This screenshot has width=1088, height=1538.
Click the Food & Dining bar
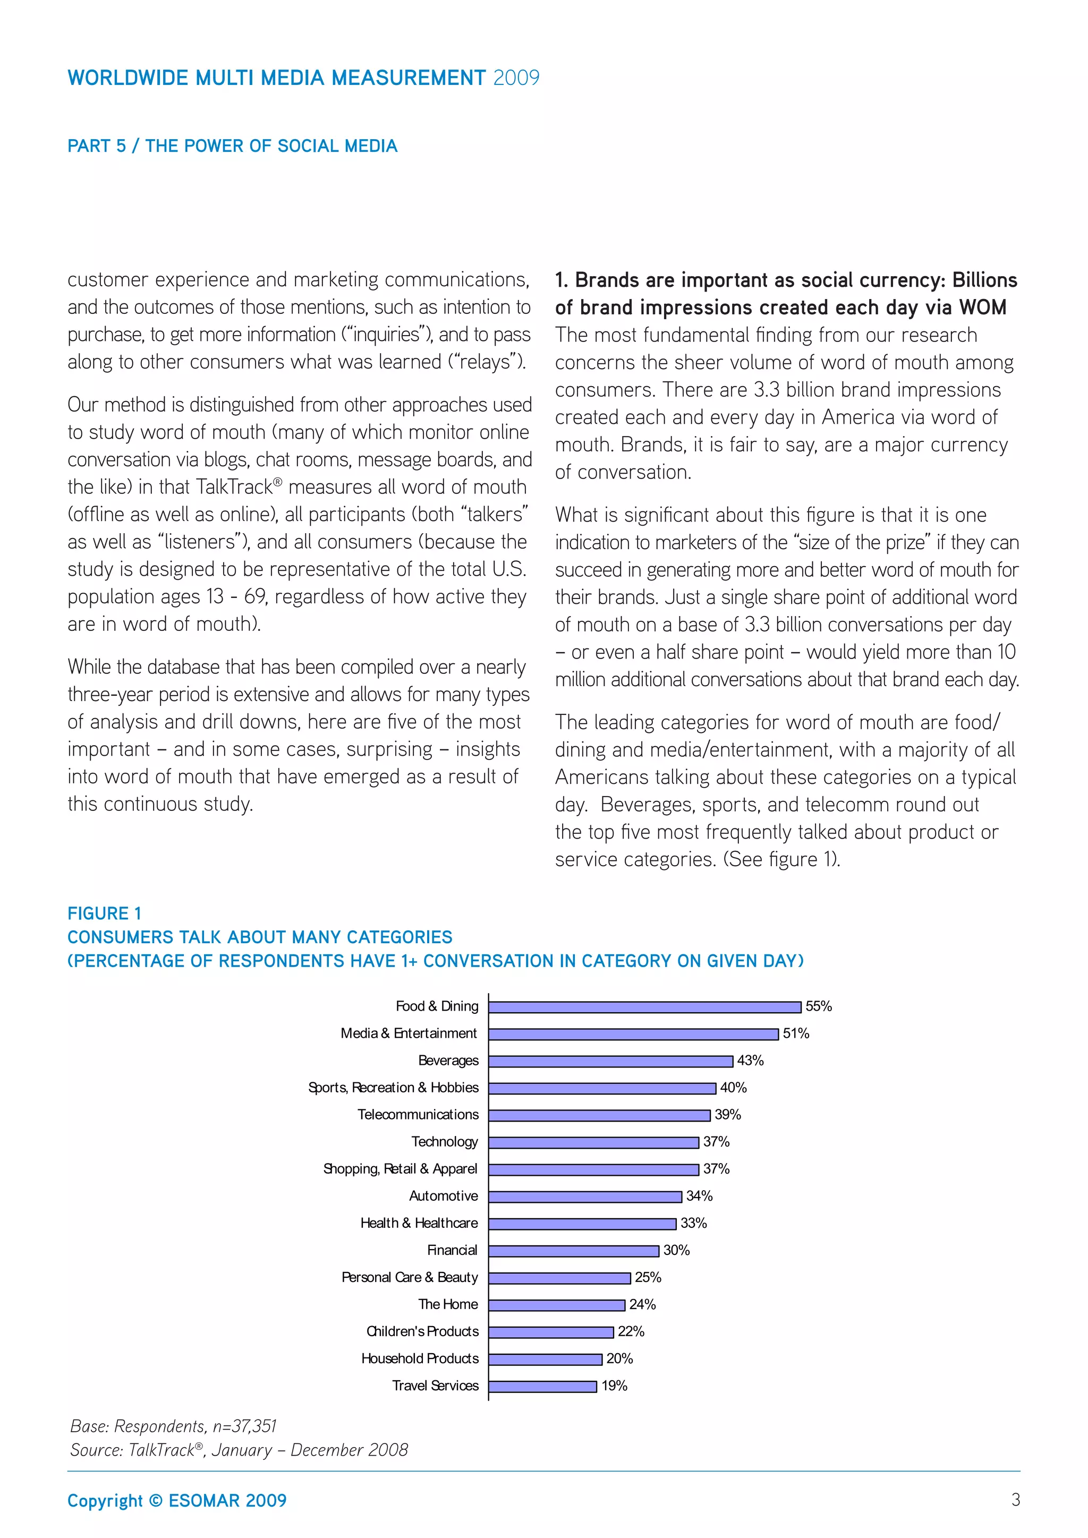click(x=644, y=1007)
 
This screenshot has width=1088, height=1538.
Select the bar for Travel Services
click(x=542, y=1386)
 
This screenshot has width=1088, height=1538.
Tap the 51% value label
click(x=796, y=1033)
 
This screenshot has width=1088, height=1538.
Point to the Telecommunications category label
click(x=418, y=1115)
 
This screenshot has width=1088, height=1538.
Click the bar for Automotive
click(x=585, y=1197)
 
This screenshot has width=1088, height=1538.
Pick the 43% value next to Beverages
click(x=750, y=1061)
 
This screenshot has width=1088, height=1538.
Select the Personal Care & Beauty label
click(x=410, y=1277)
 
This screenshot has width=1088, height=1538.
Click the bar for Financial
click(x=573, y=1251)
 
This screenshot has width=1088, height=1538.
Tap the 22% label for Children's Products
click(x=631, y=1332)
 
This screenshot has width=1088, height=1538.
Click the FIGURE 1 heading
click(x=105, y=913)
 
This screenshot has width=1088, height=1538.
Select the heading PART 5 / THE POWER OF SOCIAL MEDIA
click(x=233, y=146)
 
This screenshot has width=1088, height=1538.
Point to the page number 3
click(x=1016, y=1500)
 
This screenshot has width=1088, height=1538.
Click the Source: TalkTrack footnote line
click(x=239, y=1450)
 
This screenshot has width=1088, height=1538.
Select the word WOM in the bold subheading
click(x=982, y=307)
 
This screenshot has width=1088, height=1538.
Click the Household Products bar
click(x=546, y=1359)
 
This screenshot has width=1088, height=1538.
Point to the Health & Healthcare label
click(x=419, y=1223)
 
